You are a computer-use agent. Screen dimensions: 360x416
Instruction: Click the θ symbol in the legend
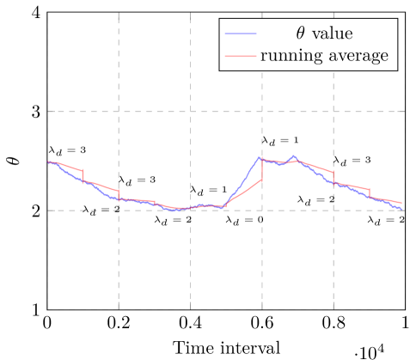300,34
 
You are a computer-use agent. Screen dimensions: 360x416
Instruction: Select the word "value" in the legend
333,34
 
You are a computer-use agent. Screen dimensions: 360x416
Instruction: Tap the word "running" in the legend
290,57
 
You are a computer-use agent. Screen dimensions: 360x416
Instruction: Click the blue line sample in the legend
241,34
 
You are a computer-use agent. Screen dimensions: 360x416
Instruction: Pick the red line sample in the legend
241,57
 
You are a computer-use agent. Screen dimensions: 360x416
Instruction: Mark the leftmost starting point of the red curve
48,162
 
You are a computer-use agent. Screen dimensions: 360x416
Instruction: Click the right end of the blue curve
402,209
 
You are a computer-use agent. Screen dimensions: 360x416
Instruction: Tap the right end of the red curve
401,204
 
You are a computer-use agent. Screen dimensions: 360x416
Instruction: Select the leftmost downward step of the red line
83,176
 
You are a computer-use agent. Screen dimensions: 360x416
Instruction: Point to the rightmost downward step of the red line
370,192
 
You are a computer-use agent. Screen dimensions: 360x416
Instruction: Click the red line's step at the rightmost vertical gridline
333,178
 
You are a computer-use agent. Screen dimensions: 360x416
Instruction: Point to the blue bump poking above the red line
294,156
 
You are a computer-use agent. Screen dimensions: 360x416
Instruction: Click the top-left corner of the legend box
220,19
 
